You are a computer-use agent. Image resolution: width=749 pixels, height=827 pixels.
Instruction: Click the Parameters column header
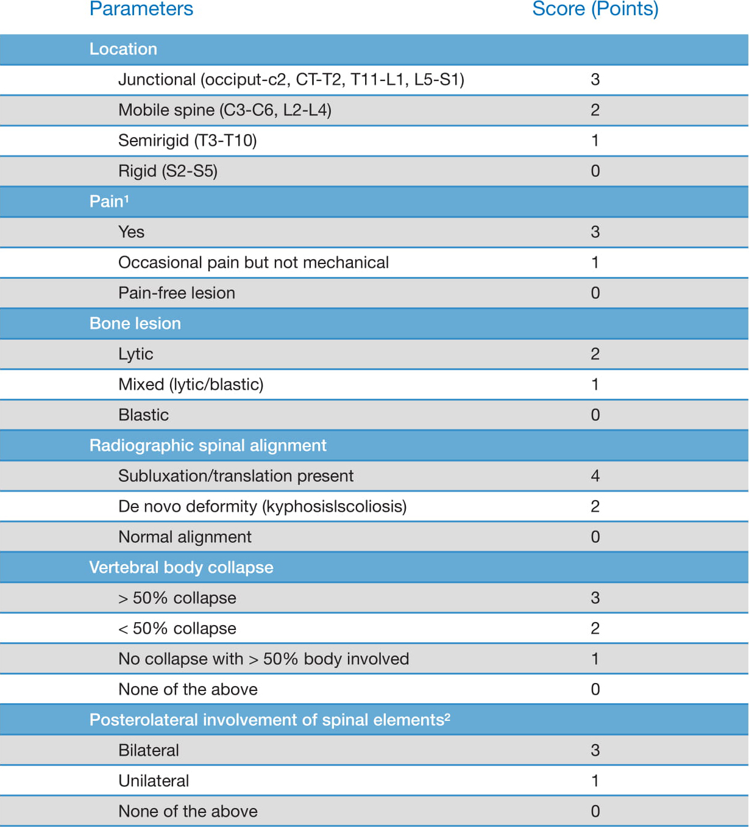click(x=141, y=9)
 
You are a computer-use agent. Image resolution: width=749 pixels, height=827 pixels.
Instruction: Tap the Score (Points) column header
click(x=595, y=9)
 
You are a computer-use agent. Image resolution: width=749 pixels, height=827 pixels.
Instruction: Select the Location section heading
click(x=123, y=49)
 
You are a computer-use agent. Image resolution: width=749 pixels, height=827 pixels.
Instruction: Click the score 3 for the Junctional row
click(x=595, y=79)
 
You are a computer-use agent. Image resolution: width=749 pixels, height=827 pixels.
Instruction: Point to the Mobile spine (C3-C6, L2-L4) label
click(x=224, y=110)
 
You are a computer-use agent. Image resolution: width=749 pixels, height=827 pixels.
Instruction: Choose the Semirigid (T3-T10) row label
click(x=187, y=140)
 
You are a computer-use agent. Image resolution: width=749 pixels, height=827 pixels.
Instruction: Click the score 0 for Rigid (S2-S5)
click(x=595, y=171)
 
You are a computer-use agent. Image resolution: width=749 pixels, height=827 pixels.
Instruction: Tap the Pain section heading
click(x=108, y=201)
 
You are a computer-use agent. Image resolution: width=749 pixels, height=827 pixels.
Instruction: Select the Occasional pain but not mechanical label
click(x=253, y=262)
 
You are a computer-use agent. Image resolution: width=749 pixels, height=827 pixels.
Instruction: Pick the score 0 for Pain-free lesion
click(x=595, y=293)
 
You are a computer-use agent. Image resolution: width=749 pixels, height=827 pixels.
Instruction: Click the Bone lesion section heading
click(x=135, y=323)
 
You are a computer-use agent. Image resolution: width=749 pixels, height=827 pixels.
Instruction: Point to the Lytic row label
click(x=135, y=354)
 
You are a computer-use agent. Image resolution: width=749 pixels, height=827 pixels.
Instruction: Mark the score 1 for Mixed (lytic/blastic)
click(x=595, y=384)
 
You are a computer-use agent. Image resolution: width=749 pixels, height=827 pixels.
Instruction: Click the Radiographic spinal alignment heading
click(x=207, y=445)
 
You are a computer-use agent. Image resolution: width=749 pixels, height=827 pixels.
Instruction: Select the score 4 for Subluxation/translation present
click(x=595, y=476)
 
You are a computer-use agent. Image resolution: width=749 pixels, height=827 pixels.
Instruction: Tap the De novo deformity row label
click(x=262, y=506)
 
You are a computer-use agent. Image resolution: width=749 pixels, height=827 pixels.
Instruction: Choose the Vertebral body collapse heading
click(x=181, y=567)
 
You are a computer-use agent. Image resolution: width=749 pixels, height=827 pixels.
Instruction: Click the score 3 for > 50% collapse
click(x=595, y=598)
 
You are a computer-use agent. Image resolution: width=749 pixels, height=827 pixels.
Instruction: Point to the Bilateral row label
click(x=148, y=750)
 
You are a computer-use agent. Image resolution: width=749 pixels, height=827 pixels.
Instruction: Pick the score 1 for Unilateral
click(x=595, y=781)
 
